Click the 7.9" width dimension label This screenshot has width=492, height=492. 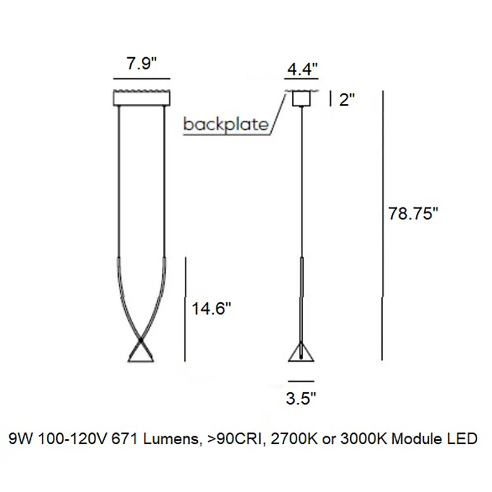(x=141, y=63)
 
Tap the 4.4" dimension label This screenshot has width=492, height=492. (x=302, y=69)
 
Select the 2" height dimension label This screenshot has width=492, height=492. (x=347, y=100)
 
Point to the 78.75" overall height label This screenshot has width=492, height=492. (x=413, y=213)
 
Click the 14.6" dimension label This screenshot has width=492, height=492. (x=211, y=309)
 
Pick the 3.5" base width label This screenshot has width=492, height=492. (x=301, y=398)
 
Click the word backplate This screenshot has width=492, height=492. (x=226, y=125)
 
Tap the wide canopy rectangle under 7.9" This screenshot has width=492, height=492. (x=142, y=98)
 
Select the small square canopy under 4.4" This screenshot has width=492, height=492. (x=301, y=99)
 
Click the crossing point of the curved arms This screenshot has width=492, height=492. (x=141, y=340)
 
